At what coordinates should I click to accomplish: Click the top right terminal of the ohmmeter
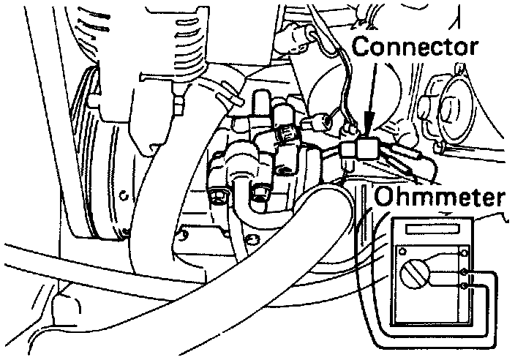coord(464,252)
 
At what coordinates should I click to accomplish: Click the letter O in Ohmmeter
coord(383,198)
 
